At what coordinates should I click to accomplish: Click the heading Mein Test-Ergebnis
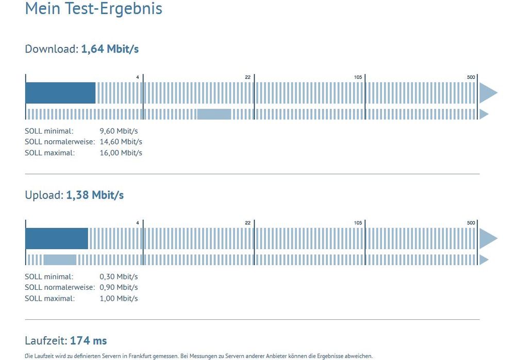(93, 9)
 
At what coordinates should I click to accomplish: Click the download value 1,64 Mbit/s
(110, 50)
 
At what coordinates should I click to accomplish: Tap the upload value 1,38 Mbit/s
(95, 195)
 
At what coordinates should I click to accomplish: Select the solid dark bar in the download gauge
(60, 93)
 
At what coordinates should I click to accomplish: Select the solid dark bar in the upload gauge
(57, 238)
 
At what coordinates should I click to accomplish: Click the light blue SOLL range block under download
(214, 114)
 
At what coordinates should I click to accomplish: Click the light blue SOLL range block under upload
(60, 260)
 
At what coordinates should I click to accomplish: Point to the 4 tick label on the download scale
(138, 77)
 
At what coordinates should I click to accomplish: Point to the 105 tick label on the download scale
(358, 77)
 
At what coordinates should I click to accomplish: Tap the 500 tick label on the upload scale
(471, 223)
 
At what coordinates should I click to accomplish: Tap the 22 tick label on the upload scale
(247, 223)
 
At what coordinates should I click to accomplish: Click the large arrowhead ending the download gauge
(487, 93)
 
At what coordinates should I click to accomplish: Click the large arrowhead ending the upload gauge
(487, 238)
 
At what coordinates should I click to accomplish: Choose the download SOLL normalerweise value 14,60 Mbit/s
(121, 142)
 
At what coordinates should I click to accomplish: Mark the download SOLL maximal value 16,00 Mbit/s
(121, 153)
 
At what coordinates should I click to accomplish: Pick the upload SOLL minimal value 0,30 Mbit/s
(119, 277)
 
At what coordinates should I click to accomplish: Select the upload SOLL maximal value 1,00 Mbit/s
(119, 299)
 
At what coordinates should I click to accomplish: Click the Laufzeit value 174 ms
(88, 341)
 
